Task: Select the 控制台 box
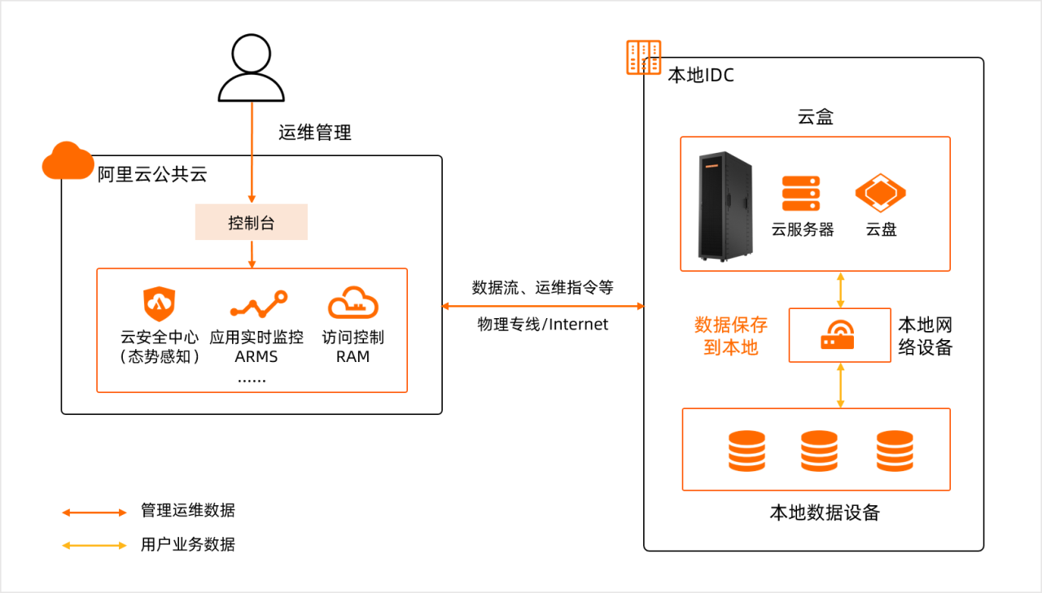pos(252,223)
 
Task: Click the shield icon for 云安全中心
pos(160,304)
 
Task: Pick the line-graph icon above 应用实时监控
pos(258,305)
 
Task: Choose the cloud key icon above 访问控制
pos(353,303)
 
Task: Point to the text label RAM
pos(352,356)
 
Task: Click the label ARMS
pos(256,356)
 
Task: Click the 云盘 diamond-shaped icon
pos(880,194)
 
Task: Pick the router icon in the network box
pos(839,335)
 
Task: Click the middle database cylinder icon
pos(819,451)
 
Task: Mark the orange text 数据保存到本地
pos(730,336)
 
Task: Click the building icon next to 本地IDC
pos(643,58)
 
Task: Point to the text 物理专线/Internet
pos(543,325)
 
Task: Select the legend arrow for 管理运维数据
pos(94,512)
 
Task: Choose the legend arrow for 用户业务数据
pos(94,545)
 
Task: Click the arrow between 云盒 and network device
pos(840,290)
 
